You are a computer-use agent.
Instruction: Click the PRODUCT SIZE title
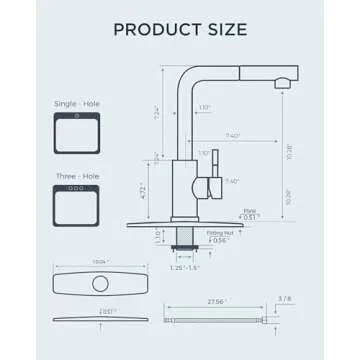(x=180, y=29)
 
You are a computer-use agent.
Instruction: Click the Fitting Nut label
(x=220, y=231)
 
